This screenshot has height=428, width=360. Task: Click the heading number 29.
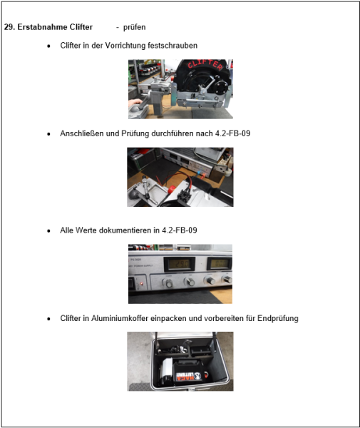pos(9,27)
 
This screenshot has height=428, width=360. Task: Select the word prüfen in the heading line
pos(134,27)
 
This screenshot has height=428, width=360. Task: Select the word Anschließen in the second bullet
pos(82,133)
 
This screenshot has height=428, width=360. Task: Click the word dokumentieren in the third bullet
pos(128,230)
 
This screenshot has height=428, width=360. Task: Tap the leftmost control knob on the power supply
pos(169,283)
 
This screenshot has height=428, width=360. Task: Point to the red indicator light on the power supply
pos(143,283)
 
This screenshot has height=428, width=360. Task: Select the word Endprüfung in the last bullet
pos(277,318)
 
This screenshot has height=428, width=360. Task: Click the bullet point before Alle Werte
pos(48,231)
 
